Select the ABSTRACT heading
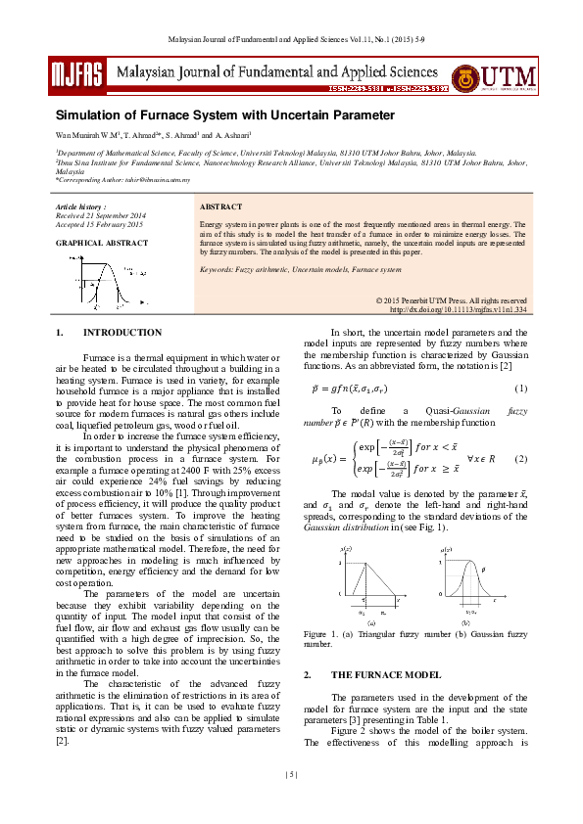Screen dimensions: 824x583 (x=220, y=208)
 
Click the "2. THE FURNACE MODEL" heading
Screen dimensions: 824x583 (x=371, y=675)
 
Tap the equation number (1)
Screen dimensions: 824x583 (x=521, y=389)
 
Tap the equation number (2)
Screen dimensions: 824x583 (x=521, y=459)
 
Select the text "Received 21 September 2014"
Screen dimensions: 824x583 (x=101, y=216)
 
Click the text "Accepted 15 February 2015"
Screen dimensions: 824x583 (x=99, y=225)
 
